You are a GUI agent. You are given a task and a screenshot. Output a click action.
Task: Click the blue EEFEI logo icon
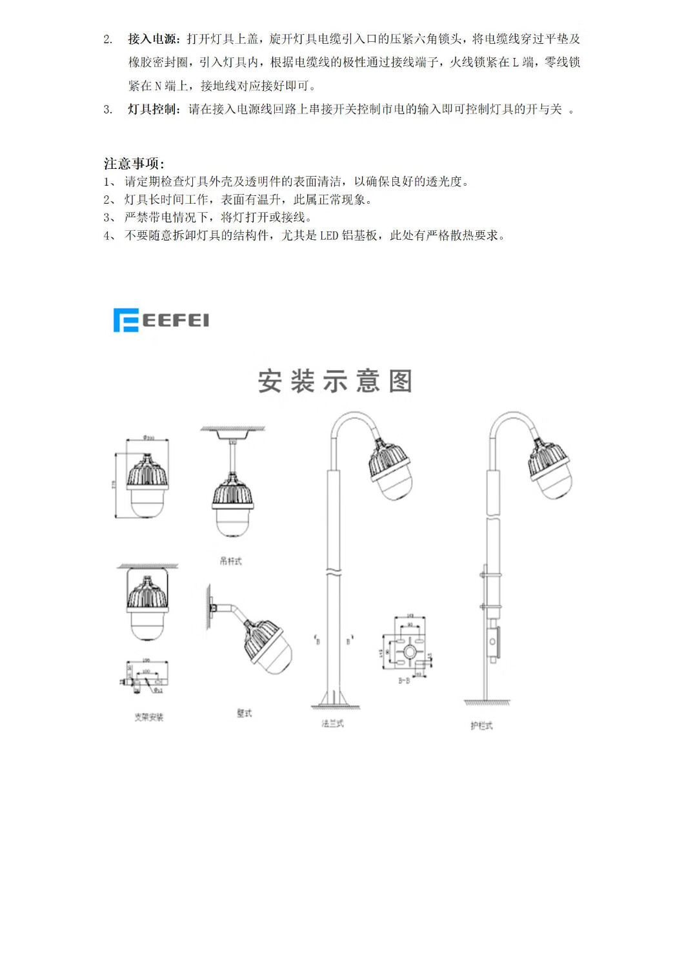click(x=126, y=320)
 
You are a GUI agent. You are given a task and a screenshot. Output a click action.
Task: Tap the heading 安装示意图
click(x=335, y=381)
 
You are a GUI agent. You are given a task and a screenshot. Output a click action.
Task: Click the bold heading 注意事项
click(x=134, y=163)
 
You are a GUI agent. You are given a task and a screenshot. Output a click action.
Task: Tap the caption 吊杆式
click(x=230, y=562)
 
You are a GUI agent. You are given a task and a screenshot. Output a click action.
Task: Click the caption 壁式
click(x=244, y=713)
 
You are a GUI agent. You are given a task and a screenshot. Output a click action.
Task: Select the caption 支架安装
click(x=148, y=717)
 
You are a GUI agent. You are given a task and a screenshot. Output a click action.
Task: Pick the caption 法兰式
click(x=332, y=724)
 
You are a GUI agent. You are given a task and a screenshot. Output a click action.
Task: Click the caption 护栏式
click(x=481, y=726)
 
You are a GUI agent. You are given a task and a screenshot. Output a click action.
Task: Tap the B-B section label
click(x=404, y=681)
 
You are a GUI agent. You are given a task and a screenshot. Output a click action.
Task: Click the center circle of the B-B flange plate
click(x=409, y=652)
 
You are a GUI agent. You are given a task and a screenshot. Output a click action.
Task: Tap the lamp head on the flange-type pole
click(x=390, y=467)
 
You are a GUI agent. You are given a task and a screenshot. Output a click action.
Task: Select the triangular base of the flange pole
click(x=336, y=699)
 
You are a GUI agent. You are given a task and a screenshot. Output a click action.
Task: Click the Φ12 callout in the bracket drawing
click(x=157, y=690)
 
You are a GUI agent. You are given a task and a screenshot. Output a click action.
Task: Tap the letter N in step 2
click(x=158, y=86)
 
